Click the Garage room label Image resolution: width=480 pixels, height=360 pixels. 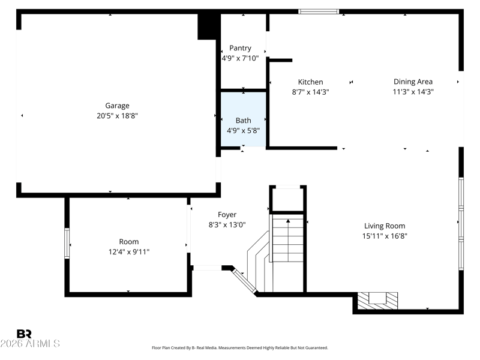tap(117, 106)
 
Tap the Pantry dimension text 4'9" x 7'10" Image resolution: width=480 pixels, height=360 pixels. tap(240, 58)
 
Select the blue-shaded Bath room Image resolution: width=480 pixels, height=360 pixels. tap(244, 119)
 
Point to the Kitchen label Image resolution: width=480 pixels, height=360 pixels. tap(310, 82)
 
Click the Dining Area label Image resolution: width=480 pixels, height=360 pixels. tap(413, 82)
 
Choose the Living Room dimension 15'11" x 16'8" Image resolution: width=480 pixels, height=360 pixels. tap(385, 236)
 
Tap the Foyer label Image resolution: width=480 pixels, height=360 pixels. tap(227, 215)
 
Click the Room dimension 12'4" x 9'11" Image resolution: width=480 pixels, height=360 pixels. tap(129, 252)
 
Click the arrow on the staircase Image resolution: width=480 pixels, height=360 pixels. tap(288, 241)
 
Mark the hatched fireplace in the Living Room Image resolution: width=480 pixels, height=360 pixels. tap(378, 301)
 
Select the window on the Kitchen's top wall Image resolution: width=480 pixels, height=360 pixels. tap(319, 11)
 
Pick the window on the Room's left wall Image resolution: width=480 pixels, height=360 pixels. tap(67, 243)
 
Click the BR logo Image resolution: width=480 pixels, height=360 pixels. tap(24, 334)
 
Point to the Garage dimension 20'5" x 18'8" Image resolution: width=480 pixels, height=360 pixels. tap(117, 116)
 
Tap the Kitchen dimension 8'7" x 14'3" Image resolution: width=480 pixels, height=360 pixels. tap(310, 92)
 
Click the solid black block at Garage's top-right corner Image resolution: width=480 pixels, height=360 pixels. tap(209, 26)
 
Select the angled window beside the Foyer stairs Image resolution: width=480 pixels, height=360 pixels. tap(244, 281)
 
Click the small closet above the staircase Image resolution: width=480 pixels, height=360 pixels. tap(288, 199)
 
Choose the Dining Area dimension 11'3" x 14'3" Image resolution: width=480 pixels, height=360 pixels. tap(413, 92)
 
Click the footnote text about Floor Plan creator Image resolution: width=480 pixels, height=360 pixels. tap(239, 348)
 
